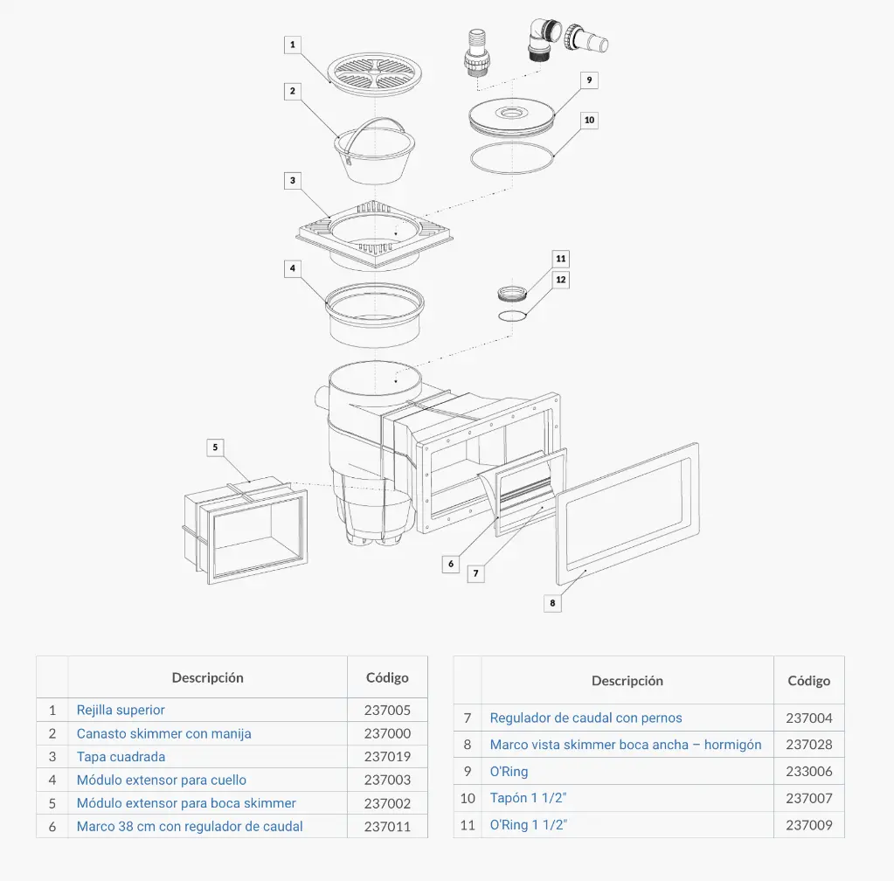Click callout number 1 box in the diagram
tap(293, 44)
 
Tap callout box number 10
tap(589, 120)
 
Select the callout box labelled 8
tap(551, 602)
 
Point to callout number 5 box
tap(215, 447)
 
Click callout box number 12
tap(560, 280)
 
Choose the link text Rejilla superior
tap(121, 710)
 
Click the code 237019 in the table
tap(387, 757)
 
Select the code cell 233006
tap(809, 771)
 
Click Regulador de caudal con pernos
tap(586, 718)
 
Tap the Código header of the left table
tap(387, 677)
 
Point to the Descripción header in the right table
tap(627, 680)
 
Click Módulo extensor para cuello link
tap(162, 780)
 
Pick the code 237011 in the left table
tap(387, 826)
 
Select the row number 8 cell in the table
tap(468, 745)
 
